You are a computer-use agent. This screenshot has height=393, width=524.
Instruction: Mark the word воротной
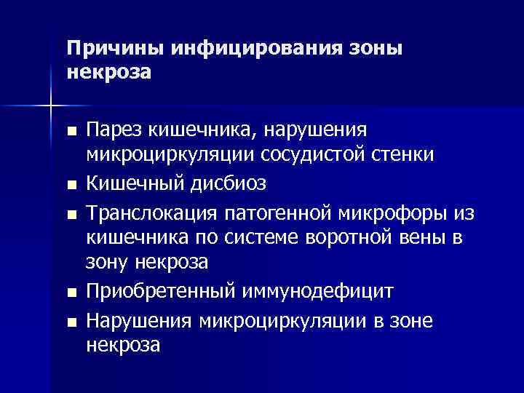click(352, 237)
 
